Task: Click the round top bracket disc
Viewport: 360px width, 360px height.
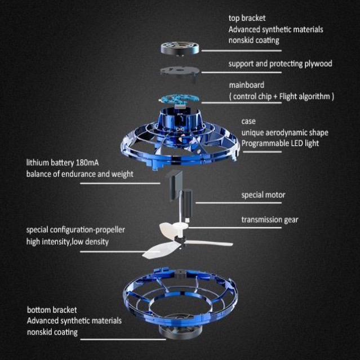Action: [179, 46]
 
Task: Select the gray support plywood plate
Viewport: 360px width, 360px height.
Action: [180, 70]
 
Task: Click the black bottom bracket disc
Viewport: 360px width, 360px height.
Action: [180, 329]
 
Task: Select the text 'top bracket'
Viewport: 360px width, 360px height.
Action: [247, 18]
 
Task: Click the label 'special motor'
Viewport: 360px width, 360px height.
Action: [263, 195]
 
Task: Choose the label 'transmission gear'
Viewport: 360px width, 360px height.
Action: [270, 220]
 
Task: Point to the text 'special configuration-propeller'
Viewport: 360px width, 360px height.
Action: [75, 230]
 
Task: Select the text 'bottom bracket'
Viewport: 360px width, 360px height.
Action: [52, 310]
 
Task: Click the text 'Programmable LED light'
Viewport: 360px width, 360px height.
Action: [280, 143]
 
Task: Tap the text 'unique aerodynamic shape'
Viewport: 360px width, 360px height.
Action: [285, 132]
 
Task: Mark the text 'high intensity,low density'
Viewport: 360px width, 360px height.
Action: [67, 242]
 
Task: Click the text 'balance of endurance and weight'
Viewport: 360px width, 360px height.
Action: [79, 174]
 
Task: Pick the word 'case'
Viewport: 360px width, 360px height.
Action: [248, 121]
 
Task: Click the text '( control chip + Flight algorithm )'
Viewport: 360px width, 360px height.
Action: [281, 96]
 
